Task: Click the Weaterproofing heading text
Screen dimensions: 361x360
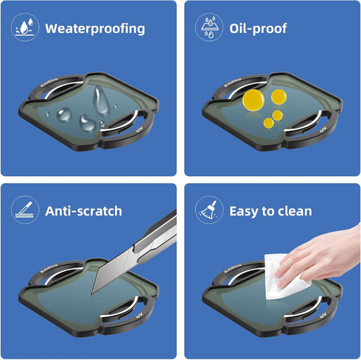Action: pyautogui.click(x=95, y=29)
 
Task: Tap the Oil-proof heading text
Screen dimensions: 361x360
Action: pyautogui.click(x=258, y=29)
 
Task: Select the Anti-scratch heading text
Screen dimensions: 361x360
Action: pyautogui.click(x=83, y=211)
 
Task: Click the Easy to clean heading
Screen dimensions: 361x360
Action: pyautogui.click(x=270, y=211)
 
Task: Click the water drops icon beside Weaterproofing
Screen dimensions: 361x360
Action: pyautogui.click(x=25, y=27)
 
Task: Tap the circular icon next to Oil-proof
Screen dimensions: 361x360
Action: pyautogui.click(x=209, y=27)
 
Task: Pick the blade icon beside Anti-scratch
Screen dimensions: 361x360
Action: pyautogui.click(x=25, y=210)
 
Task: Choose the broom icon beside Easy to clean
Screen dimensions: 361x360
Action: pyautogui.click(x=209, y=210)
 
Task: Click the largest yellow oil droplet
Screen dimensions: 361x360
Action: pyautogui.click(x=253, y=100)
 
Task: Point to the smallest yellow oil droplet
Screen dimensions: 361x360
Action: pyautogui.click(x=269, y=123)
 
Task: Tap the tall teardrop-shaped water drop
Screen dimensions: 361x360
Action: pyautogui.click(x=101, y=100)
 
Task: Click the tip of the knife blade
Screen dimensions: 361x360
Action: pyautogui.click(x=92, y=294)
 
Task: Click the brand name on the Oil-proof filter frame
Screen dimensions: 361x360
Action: pyautogui.click(x=233, y=82)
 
